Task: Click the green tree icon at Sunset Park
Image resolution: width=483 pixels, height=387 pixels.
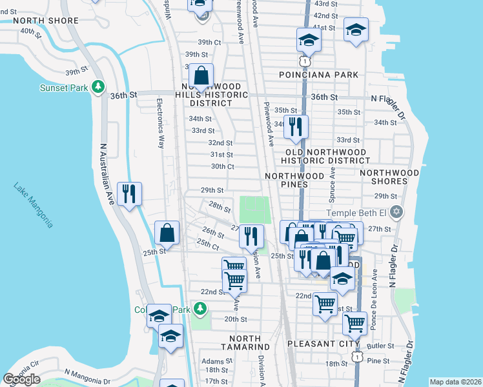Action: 98,86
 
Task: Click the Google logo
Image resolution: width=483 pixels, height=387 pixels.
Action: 21,379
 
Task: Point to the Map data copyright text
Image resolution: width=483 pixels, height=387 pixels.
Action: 455,382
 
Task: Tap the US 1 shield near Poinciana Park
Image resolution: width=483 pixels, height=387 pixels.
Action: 302,59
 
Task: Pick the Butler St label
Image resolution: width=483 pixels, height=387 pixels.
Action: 381,346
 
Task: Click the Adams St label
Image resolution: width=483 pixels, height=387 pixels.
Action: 211,361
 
